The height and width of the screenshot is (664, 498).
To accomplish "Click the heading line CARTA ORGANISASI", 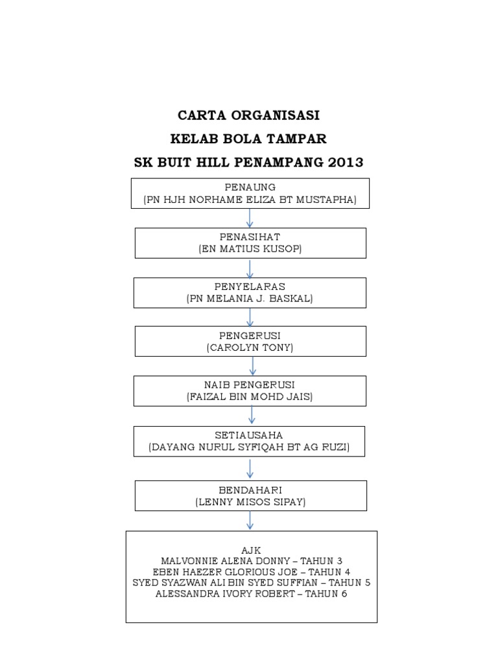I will point(249,116).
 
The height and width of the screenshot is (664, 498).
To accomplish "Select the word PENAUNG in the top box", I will point(250,187).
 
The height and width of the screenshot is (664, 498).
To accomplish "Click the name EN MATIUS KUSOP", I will point(250,249).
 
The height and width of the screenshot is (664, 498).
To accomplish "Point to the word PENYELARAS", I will point(250,286).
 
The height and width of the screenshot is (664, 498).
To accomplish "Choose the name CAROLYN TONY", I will point(250,348).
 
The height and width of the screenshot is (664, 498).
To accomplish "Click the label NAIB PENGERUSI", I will point(250,385).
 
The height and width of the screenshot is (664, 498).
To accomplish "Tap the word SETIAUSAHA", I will point(250,435).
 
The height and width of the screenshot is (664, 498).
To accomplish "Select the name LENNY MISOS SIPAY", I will point(250,501).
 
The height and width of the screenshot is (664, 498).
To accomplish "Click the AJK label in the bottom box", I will point(251,550).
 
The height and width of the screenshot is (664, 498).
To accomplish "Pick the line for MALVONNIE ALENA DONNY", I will point(251,561).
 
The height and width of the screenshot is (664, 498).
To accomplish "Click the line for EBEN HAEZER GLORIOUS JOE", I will point(251,572).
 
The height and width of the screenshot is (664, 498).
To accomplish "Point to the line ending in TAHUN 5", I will point(251,583).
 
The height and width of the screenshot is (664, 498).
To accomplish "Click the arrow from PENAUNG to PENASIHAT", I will point(250,218).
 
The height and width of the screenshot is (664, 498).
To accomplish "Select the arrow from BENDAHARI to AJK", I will point(250,520).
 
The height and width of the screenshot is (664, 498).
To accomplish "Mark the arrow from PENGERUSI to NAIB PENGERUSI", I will point(251,366).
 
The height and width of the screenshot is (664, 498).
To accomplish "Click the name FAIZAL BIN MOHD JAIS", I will point(250,396).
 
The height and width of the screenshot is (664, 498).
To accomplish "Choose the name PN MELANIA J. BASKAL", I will point(250,298).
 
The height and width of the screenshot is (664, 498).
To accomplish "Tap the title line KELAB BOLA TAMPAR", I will point(249,139).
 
